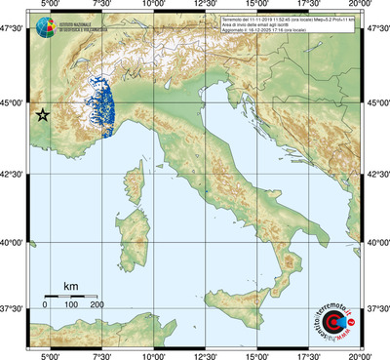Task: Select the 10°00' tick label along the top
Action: point(152,6)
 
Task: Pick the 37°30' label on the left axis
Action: point(12,308)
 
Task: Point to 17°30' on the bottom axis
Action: point(308,354)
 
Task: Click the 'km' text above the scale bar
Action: point(70,286)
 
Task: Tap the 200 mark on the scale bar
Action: point(97,305)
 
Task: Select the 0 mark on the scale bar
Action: point(45,305)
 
